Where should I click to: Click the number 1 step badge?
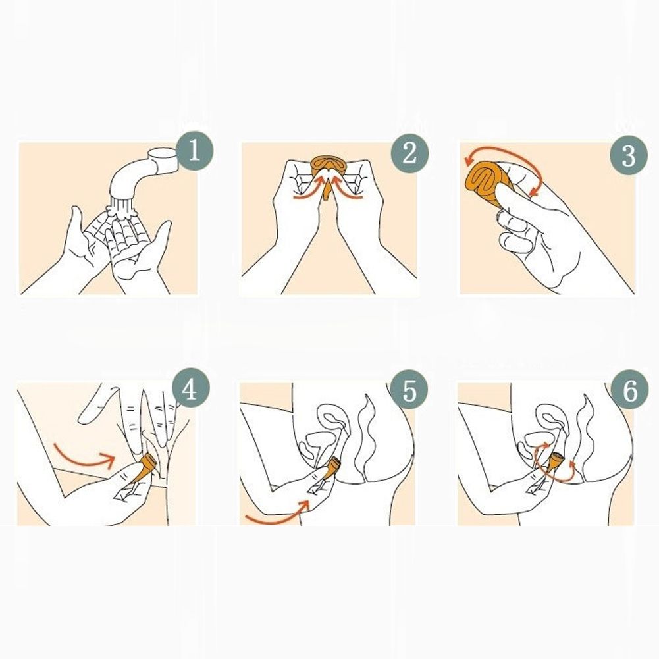pyautogui.click(x=194, y=151)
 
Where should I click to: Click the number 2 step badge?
pyautogui.click(x=409, y=153)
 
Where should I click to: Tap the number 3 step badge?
pyautogui.click(x=629, y=155)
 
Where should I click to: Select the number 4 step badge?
pyautogui.click(x=190, y=390)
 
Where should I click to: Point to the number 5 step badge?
pyautogui.click(x=409, y=390)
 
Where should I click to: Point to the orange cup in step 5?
pyautogui.click(x=330, y=468)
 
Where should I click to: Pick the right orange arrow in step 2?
pyautogui.click(x=347, y=188)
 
